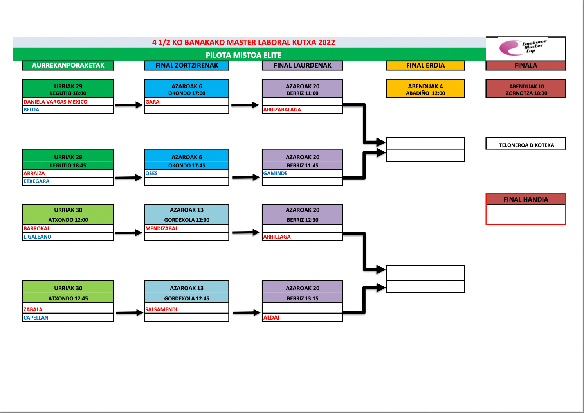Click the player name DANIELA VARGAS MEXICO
56,102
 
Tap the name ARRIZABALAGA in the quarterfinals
282,110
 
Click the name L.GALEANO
38,237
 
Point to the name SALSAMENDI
161,309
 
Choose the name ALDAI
272,318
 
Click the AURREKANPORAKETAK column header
68,65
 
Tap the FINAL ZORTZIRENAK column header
187,65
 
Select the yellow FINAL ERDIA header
425,65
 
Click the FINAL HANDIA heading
526,199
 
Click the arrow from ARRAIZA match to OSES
128,178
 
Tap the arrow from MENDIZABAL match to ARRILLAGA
246,232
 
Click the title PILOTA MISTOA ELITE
243,55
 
